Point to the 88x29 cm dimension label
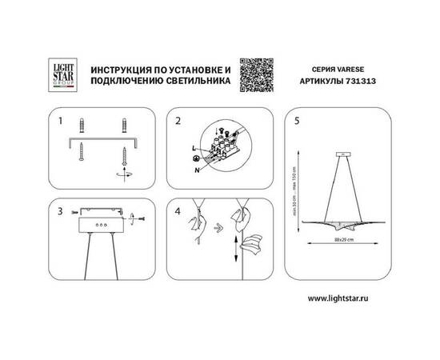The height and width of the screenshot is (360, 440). pyautogui.click(x=345, y=239)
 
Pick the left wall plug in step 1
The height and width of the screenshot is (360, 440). pyautogui.click(x=82, y=126)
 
